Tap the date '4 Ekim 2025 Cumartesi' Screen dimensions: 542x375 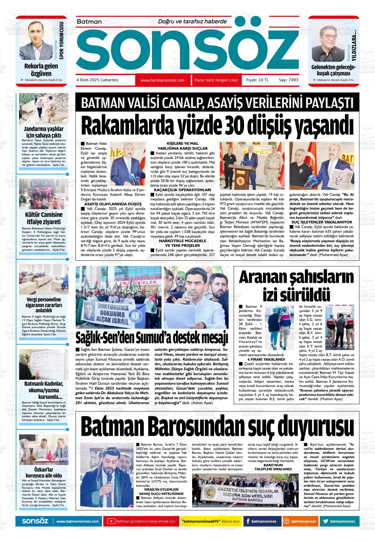click(97, 80)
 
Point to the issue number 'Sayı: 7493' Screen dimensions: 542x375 click(288, 80)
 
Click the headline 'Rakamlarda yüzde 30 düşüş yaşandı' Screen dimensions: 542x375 click(214, 125)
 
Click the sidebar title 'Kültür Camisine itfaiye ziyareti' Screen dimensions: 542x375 click(44, 219)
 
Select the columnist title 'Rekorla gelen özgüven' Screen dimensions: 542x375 click(41, 70)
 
